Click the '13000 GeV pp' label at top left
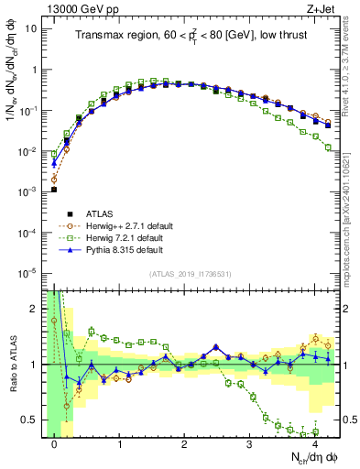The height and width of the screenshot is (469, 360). (75, 8)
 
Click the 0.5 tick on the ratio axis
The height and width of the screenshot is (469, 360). (33, 420)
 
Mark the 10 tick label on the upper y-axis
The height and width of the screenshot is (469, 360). (32, 28)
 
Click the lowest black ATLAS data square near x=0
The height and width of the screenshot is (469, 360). (54, 190)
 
